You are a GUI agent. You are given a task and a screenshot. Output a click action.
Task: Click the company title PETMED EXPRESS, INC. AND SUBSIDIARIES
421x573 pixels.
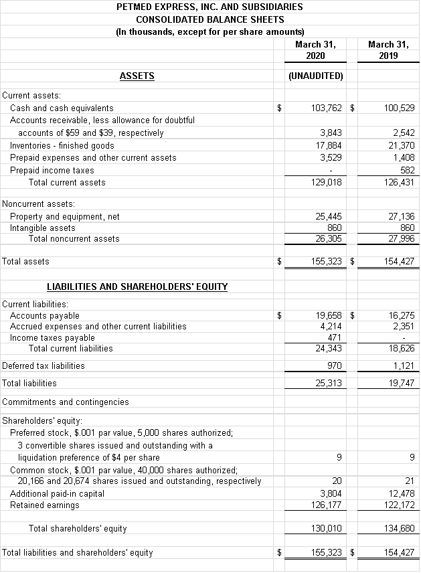[x=209, y=7]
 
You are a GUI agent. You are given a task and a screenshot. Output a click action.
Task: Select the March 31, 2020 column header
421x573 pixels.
[x=315, y=50]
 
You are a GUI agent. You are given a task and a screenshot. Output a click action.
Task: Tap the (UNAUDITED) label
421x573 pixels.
[x=315, y=76]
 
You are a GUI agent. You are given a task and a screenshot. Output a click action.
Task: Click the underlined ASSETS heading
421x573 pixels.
[x=137, y=76]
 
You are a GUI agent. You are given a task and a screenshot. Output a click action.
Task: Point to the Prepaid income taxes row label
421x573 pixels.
[x=52, y=170]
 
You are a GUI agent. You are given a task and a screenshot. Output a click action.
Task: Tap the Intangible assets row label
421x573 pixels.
[x=42, y=228]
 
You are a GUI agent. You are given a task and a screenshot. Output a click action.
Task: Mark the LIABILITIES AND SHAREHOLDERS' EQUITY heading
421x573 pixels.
[x=137, y=286]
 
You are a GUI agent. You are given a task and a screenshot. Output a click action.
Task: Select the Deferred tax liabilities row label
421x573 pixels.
[x=44, y=365]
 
